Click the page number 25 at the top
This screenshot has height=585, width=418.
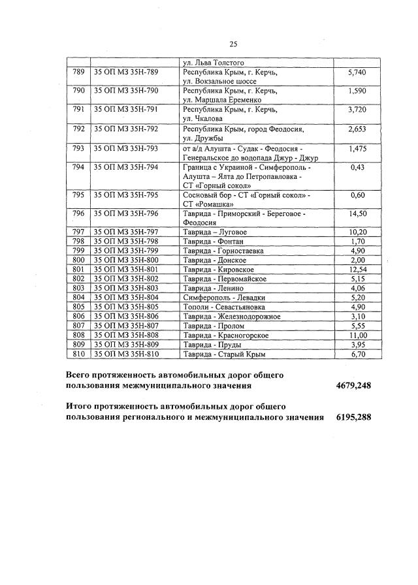pos(233,44)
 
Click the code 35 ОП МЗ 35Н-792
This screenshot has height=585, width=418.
pos(127,129)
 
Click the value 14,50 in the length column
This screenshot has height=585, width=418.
pos(358,213)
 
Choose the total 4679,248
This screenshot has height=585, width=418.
pos(353,386)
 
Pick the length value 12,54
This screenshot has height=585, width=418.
pos(358,269)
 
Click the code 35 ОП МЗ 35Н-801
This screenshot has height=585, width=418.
pos(127,269)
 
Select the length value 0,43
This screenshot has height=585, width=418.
pos(357,167)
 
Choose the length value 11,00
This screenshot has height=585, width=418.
pos(358,335)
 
